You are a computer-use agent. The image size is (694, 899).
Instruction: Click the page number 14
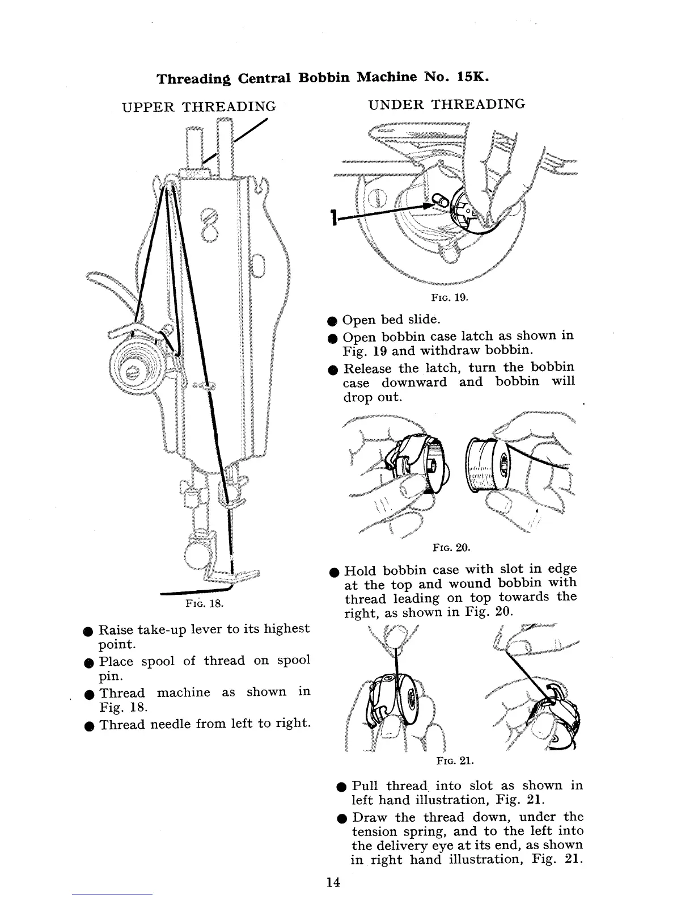(333, 883)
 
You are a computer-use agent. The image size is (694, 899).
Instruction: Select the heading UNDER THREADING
(446, 104)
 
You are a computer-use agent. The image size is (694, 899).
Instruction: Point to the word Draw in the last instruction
(371, 817)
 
